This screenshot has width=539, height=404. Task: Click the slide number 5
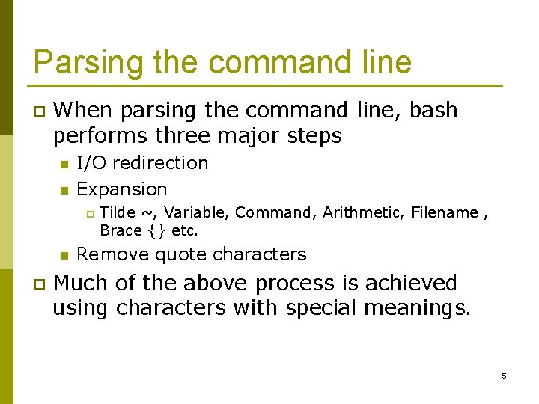(x=504, y=376)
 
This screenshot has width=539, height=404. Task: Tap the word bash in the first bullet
(x=434, y=110)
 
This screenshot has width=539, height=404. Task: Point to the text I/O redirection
(x=142, y=162)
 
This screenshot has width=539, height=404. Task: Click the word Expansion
(x=122, y=189)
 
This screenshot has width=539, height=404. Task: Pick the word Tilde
(x=117, y=212)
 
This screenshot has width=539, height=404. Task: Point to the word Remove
(x=112, y=254)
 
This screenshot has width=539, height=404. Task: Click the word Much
(x=82, y=283)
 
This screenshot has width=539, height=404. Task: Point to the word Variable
(x=194, y=212)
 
